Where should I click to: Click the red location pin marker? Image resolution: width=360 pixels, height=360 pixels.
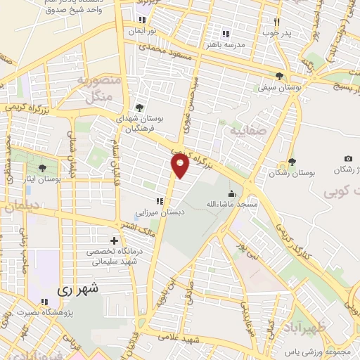[181, 167]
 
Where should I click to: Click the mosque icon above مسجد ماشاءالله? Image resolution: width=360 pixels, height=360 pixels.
[231, 193]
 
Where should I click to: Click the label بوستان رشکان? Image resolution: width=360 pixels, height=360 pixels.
[294, 172]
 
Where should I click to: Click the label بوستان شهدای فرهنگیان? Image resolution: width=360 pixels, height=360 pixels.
[140, 124]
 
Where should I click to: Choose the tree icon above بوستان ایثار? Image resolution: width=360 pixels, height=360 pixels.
[42, 168]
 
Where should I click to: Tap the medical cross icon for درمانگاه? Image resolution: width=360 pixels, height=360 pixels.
[114, 241]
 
